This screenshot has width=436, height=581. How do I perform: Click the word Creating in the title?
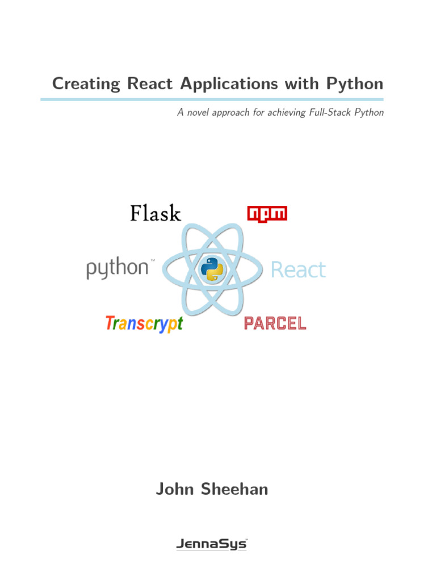86,84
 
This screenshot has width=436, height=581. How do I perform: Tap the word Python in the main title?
355,84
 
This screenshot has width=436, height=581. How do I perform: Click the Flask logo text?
156,214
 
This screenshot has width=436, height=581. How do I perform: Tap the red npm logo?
267,214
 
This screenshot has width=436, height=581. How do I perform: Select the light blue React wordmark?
299,270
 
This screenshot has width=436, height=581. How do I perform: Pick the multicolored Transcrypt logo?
144,324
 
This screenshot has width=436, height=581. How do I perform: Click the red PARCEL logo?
275,323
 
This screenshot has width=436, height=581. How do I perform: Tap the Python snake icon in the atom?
213,270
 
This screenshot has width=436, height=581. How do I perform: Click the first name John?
175,489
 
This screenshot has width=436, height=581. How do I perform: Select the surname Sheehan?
234,489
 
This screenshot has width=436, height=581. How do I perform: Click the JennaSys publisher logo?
212,544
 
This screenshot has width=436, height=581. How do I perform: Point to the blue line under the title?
212,99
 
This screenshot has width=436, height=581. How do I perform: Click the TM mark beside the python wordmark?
152,261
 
